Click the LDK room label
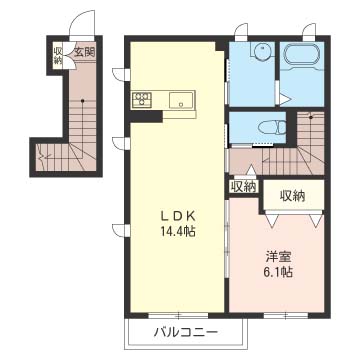178,217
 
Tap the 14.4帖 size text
178,231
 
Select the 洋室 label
279,258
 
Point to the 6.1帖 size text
279,273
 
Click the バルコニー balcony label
186,332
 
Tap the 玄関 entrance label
84,52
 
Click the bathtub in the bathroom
301,55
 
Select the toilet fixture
272,128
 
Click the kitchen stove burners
142,99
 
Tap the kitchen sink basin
180,100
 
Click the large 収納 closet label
292,196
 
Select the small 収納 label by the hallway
244,187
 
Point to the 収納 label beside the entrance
58,56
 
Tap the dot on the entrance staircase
83,100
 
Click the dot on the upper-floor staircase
311,117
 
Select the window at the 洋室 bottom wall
286,315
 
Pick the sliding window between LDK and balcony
178,315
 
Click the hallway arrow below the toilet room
251,170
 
